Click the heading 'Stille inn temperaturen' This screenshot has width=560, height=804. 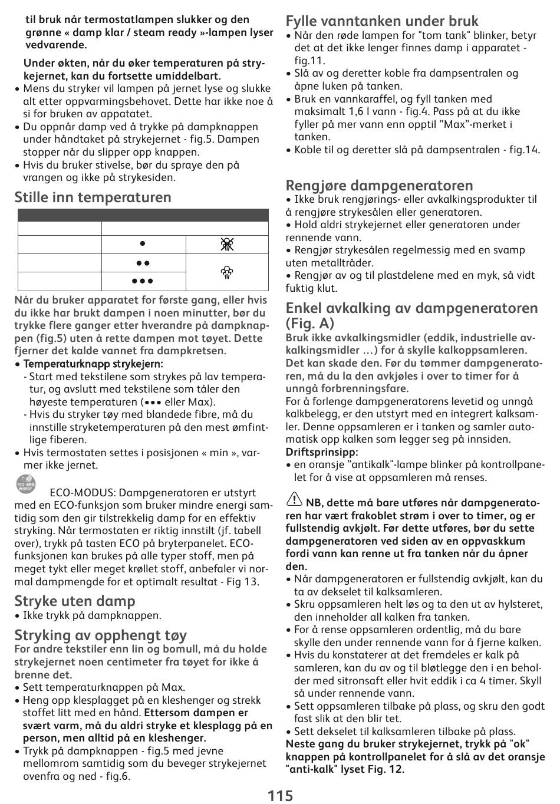pyautogui.click(x=93, y=197)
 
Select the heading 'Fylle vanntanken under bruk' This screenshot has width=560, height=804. pyautogui.click(x=382, y=21)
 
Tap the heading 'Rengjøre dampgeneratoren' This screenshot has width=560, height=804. pyautogui.click(x=379, y=185)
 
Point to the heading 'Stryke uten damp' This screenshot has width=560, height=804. pyautogui.click(x=75, y=601)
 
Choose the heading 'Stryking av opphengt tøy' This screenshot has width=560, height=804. pyautogui.click(x=101, y=635)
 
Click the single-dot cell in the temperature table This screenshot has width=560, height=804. pyautogui.click(x=143, y=243)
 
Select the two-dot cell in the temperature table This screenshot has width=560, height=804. pyautogui.click(x=143, y=263)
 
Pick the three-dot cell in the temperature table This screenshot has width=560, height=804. pyautogui.click(x=143, y=281)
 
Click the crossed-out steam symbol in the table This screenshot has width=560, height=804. pyautogui.click(x=227, y=244)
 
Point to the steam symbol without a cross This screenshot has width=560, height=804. pyautogui.click(x=227, y=272)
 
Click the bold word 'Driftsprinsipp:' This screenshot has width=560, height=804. pyautogui.click(x=322, y=452)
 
